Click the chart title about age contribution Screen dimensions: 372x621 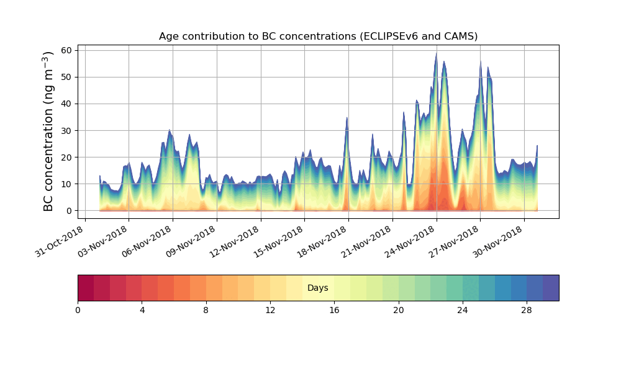pyautogui.click(x=318, y=36)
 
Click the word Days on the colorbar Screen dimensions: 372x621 pyautogui.click(x=318, y=288)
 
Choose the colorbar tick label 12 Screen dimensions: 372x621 pyautogui.click(x=270, y=310)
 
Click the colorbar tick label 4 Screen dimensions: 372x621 pyautogui.click(x=142, y=310)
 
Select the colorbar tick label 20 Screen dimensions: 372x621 pyautogui.click(x=398, y=310)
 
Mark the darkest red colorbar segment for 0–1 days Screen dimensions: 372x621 pyautogui.click(x=86, y=288)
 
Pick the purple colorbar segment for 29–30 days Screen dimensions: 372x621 pyautogui.click(x=551, y=288)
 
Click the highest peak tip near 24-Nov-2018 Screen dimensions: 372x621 pyautogui.click(x=437, y=53)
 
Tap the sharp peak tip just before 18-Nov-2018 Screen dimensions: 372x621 pyautogui.click(x=347, y=118)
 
